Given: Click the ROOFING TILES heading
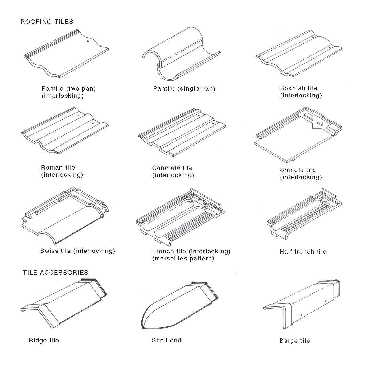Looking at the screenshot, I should (x=47, y=22).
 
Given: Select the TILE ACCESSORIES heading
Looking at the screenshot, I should (x=55, y=273).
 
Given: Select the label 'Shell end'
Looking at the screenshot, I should (x=166, y=341).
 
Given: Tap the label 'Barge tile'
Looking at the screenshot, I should (x=294, y=341).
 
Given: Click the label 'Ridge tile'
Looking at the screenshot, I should (x=43, y=341).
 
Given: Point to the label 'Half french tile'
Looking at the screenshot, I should (x=303, y=252).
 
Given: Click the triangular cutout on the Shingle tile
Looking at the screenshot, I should (x=320, y=124).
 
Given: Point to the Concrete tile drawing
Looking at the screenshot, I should (x=182, y=133).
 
